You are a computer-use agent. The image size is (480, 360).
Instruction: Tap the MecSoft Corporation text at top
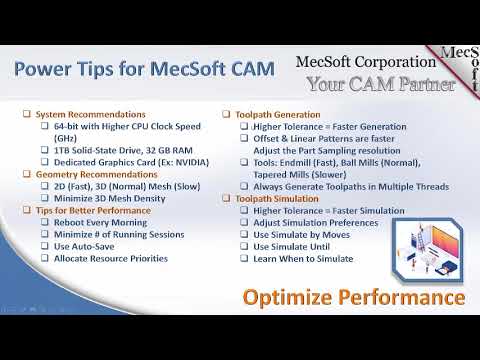[x=367, y=64]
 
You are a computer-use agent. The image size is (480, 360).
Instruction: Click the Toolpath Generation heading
[x=278, y=114]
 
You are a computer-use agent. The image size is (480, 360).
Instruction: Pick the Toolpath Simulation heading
[x=278, y=199]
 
